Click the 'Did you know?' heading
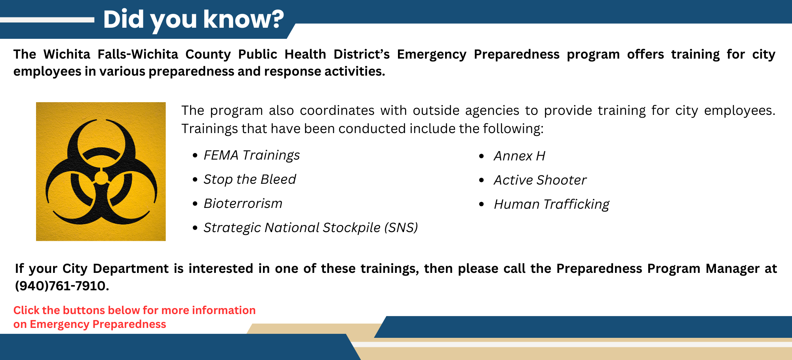point(193,19)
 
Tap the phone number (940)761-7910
point(61,286)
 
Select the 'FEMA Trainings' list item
point(251,155)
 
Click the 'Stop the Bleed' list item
point(249,179)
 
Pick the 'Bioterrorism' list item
point(243,204)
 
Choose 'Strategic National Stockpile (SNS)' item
point(310,228)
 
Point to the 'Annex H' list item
point(519,156)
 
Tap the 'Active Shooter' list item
point(540,180)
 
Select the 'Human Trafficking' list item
point(551,204)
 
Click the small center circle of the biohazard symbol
point(101,178)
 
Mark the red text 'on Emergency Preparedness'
point(89,324)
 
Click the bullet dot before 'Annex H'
point(481,156)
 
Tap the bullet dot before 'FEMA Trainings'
point(195,156)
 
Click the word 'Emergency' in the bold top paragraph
point(431,54)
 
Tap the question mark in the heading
point(276,19)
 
